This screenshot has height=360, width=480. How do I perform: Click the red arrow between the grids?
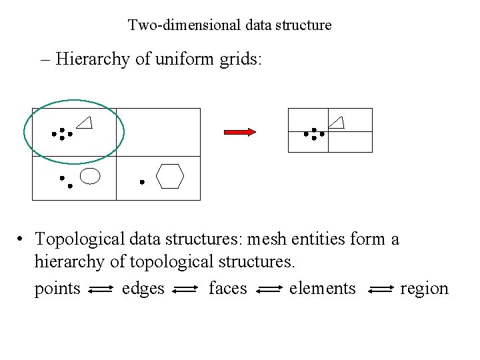pyautogui.click(x=239, y=132)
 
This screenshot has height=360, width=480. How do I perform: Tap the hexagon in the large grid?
pyautogui.click(x=169, y=177)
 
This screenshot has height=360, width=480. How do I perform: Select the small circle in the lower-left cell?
pyautogui.click(x=90, y=177)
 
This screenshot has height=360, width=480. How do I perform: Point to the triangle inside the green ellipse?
pyautogui.click(x=84, y=122)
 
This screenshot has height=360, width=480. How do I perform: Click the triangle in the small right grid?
pyautogui.click(x=337, y=121)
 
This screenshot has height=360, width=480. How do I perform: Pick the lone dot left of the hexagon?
pyautogui.click(x=141, y=181)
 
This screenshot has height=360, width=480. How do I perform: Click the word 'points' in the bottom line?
pyautogui.click(x=57, y=289)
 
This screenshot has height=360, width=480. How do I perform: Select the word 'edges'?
pyautogui.click(x=143, y=289)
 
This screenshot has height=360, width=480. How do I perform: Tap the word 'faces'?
pyautogui.click(x=227, y=289)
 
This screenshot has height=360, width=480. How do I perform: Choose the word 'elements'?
pyautogui.click(x=323, y=289)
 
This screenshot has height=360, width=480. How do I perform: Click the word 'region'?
pyautogui.click(x=424, y=289)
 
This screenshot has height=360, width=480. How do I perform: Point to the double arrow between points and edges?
pyautogui.click(x=101, y=289)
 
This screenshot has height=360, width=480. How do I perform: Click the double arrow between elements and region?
pyautogui.click(x=381, y=289)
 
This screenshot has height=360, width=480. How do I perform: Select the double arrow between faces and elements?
pyautogui.click(x=270, y=289)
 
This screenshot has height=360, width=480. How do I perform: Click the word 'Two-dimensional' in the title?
pyautogui.click(x=174, y=25)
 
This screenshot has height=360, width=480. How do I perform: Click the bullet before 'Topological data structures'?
pyautogui.click(x=22, y=239)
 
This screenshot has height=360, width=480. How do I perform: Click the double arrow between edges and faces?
pyautogui.click(x=185, y=289)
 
